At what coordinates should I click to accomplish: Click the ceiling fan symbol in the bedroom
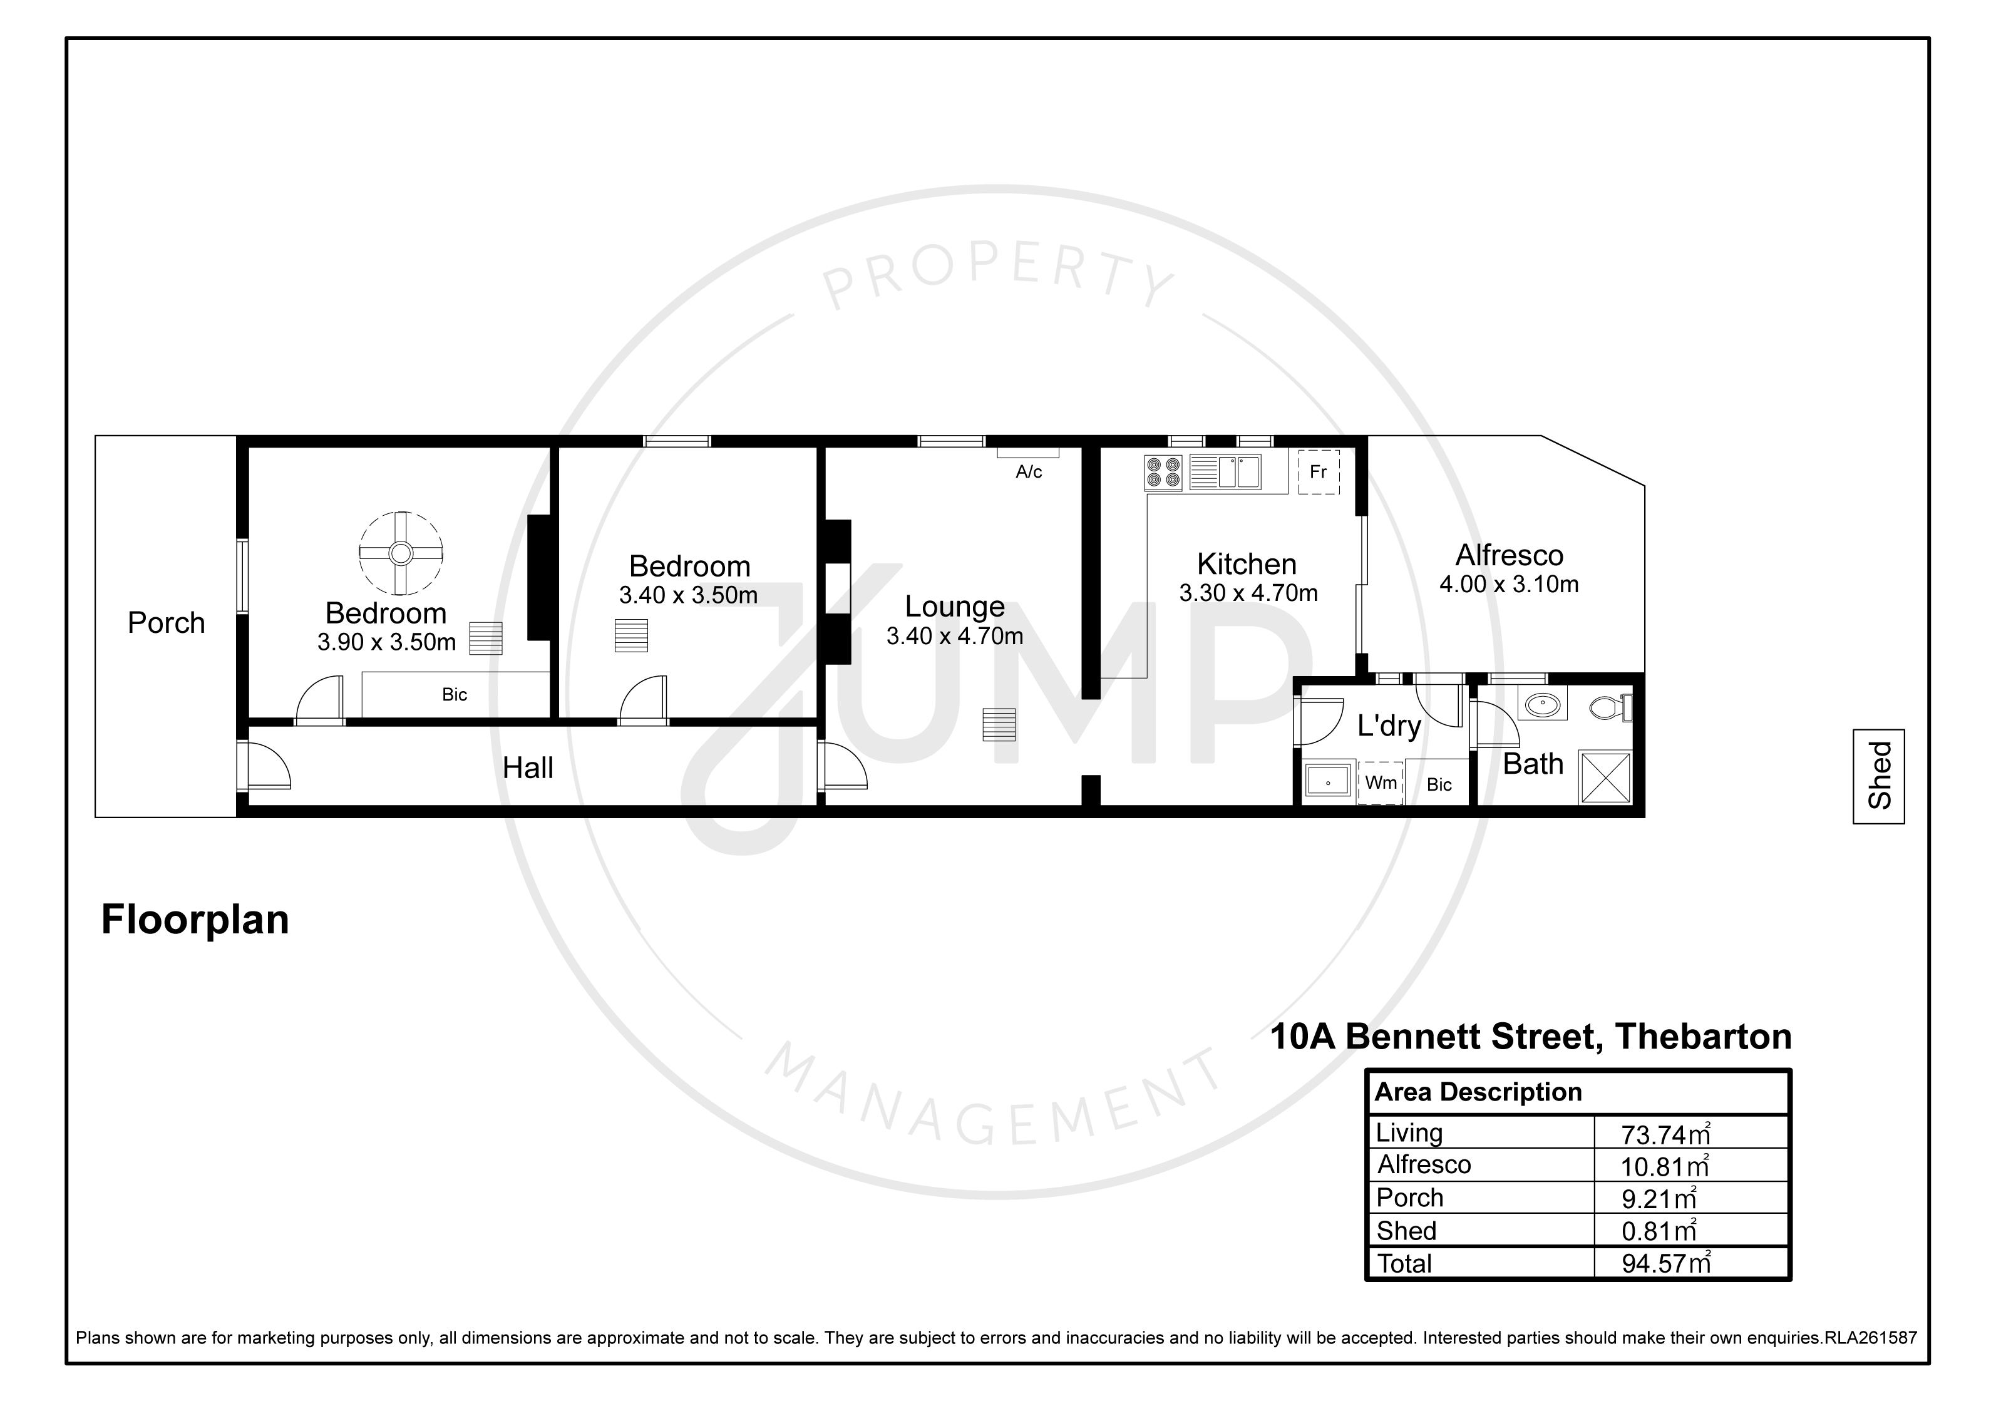pyautogui.click(x=401, y=552)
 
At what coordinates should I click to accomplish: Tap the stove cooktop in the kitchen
pyautogui.click(x=1163, y=473)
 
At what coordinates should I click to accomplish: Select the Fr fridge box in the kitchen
pyautogui.click(x=1318, y=472)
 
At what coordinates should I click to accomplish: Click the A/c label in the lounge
pyautogui.click(x=1029, y=472)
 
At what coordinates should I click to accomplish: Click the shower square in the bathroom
pyautogui.click(x=1606, y=777)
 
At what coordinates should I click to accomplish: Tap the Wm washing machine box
pyautogui.click(x=1381, y=782)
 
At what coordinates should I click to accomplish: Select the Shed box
pyautogui.click(x=1879, y=776)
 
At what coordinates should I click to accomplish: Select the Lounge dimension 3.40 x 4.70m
pyautogui.click(x=955, y=637)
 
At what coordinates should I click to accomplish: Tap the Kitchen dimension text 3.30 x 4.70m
pyautogui.click(x=1248, y=593)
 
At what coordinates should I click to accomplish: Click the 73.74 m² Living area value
pyautogui.click(x=1665, y=1134)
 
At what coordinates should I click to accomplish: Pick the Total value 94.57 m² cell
pyautogui.click(x=1665, y=1263)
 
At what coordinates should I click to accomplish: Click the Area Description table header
pyautogui.click(x=1478, y=1092)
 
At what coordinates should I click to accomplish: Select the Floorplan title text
pyautogui.click(x=195, y=920)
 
